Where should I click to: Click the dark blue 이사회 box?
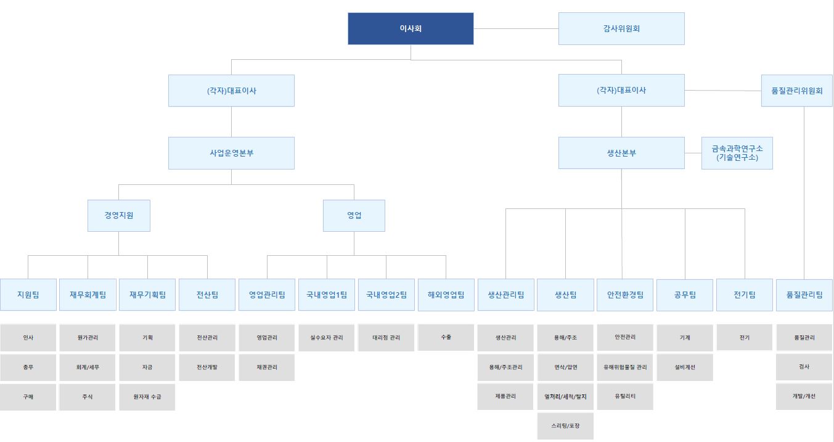[x=411, y=28]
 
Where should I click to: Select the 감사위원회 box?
[x=621, y=28]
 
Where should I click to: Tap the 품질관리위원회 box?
[x=796, y=91]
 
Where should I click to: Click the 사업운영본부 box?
[x=231, y=153]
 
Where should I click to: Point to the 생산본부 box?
[x=621, y=153]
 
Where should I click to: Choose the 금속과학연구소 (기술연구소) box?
[x=737, y=153]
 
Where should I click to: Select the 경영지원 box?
[x=119, y=216]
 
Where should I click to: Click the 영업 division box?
[x=354, y=216]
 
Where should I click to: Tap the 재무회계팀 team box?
[x=88, y=295]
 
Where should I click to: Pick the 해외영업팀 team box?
[x=446, y=295]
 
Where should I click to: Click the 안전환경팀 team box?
[x=625, y=295]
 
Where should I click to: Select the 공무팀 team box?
[x=685, y=295]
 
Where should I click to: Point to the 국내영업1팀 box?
[x=327, y=295]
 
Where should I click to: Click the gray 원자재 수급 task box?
[x=147, y=397]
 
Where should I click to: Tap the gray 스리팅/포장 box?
[x=565, y=426]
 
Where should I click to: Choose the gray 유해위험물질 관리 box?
[x=625, y=367]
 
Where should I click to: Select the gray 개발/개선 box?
[x=804, y=396]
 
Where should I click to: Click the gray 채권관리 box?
[x=267, y=367]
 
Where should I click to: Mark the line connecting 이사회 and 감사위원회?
[x=516, y=28]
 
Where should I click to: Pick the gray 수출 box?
[x=446, y=338]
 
